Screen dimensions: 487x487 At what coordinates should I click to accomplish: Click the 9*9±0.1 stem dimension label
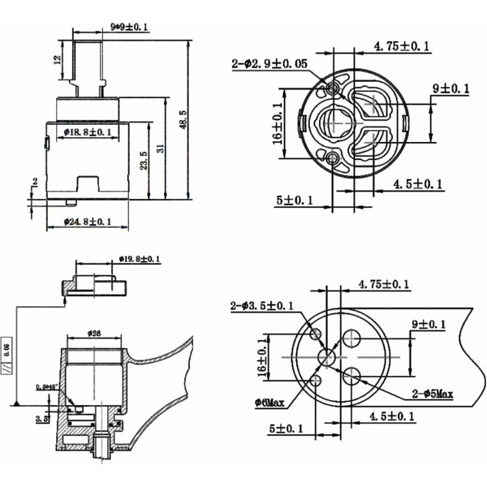click(129, 28)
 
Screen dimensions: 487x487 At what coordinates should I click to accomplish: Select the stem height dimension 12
click(57, 60)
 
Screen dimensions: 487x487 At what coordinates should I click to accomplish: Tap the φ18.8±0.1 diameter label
click(87, 131)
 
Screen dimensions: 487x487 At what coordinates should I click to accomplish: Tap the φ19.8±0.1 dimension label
click(140, 259)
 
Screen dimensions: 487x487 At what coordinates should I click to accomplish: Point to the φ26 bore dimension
click(93, 334)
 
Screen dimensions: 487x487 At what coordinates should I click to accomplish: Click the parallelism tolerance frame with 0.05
click(7, 357)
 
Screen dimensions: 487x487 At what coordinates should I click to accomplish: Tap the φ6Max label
click(268, 402)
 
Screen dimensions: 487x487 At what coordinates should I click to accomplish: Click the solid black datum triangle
click(15, 403)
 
